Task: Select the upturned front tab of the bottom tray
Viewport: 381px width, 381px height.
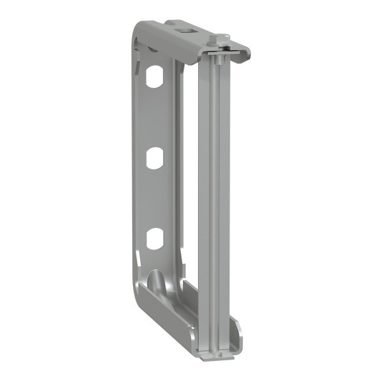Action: click(x=239, y=332)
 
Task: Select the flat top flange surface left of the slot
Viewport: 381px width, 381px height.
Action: click(x=161, y=26)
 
